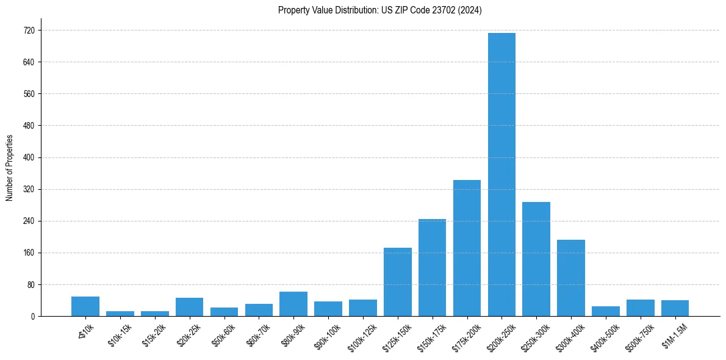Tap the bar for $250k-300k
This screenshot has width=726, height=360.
(x=536, y=259)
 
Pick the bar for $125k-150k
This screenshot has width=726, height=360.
(x=397, y=282)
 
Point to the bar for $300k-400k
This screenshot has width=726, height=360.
(x=571, y=278)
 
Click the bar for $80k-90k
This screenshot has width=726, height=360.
(x=293, y=304)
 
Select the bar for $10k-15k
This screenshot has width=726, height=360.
(x=120, y=314)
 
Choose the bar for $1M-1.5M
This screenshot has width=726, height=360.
(x=675, y=308)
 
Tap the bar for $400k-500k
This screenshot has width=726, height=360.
(x=606, y=311)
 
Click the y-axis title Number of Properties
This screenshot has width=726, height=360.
(x=9, y=168)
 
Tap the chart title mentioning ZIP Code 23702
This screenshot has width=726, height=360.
(x=379, y=10)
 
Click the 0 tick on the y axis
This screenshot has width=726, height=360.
(x=33, y=317)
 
